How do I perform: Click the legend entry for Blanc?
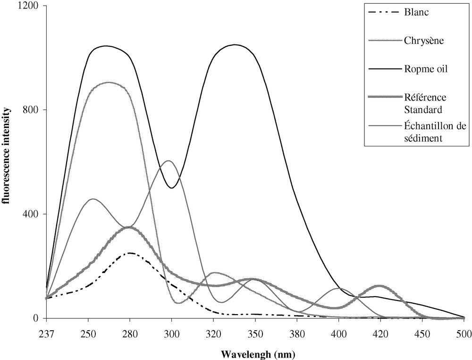point(416,12)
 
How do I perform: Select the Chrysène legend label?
point(423,40)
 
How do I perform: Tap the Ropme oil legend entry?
point(426,69)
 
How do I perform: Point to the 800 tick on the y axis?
point(33,110)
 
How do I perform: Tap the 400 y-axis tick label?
point(33,214)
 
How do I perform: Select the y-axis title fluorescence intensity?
point(8,162)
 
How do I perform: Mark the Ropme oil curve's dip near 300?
point(172,188)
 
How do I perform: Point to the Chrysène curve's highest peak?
point(109,83)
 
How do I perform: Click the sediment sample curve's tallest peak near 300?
point(168,161)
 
